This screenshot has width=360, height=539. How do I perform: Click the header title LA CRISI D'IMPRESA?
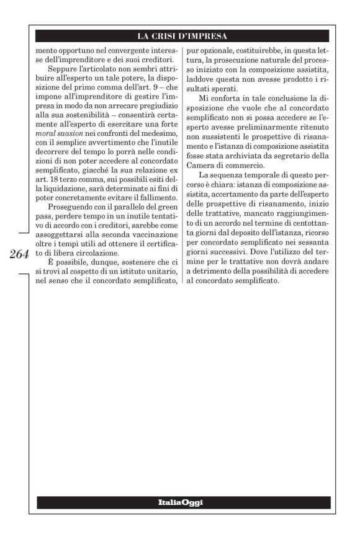pos(184,35)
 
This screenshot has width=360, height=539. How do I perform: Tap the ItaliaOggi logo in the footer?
pos(184,502)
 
